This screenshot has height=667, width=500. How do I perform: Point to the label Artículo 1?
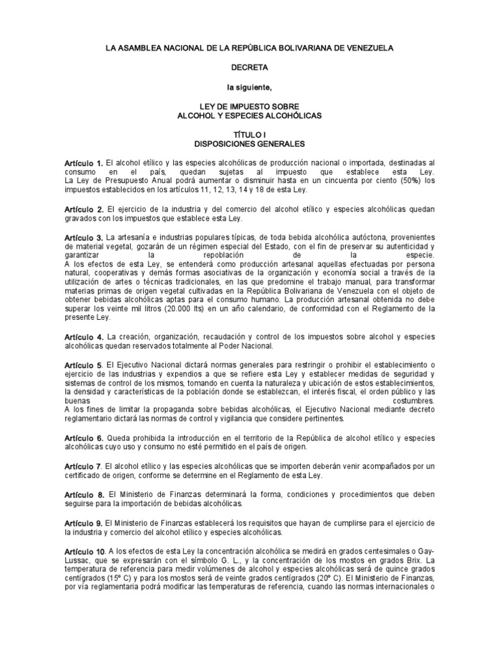[x=83, y=162]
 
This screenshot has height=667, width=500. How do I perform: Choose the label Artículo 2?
[x=83, y=209]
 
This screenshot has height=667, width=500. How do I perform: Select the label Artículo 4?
[x=83, y=337]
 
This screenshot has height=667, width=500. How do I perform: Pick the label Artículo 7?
[x=83, y=466]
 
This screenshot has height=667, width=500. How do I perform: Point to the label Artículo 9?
[x=83, y=523]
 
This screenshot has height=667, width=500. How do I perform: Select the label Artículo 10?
[x=85, y=550]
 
